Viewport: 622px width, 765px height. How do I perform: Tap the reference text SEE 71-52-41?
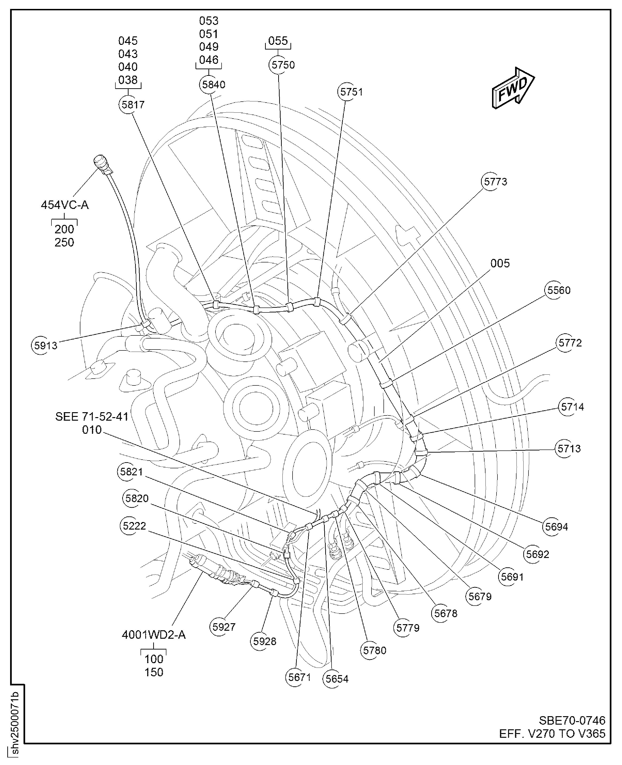point(92,416)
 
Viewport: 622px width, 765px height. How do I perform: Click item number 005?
point(500,263)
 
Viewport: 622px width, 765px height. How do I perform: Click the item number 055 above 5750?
point(278,41)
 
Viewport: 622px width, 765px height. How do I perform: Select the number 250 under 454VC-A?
point(64,242)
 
